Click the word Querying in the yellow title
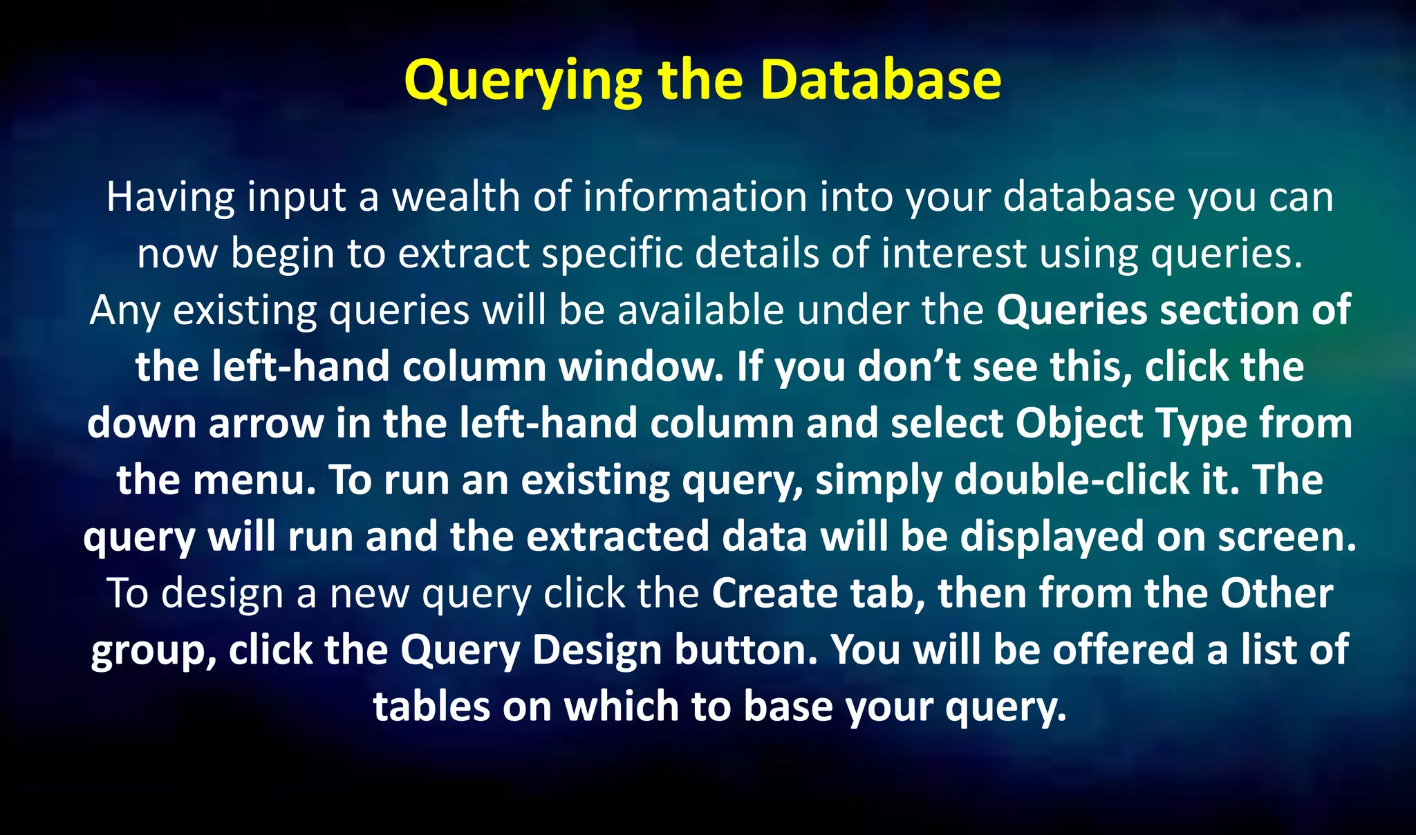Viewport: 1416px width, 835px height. point(524,81)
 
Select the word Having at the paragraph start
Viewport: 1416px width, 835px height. point(171,197)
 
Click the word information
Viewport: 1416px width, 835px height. point(695,197)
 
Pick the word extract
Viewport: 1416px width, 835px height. point(463,254)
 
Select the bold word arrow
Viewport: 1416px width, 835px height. point(266,424)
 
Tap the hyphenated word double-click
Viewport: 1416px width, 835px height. point(1071,480)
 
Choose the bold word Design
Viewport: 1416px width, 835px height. point(597,651)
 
